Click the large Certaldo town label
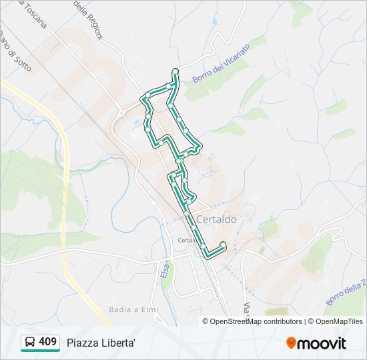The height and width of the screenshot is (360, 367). (x=216, y=219)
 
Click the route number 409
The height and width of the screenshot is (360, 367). (x=47, y=342)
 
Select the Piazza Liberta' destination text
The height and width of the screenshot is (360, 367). (x=101, y=343)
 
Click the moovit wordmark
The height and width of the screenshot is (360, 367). (x=322, y=343)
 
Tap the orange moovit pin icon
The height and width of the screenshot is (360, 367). (x=291, y=343)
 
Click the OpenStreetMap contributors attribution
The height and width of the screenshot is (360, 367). (x=252, y=321)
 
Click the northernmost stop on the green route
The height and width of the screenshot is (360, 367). (x=175, y=71)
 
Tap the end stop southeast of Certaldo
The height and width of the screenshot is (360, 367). (x=222, y=245)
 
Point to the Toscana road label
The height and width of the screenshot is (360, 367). (x=35, y=15)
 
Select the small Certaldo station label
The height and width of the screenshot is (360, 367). (x=187, y=240)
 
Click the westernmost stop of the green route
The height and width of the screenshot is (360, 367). (x=142, y=100)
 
